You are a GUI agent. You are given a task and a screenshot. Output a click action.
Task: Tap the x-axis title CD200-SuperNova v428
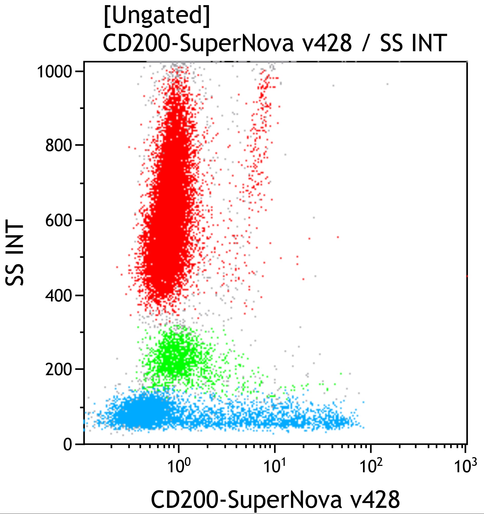coord(275,499)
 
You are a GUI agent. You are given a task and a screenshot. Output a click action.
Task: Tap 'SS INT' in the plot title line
coord(413,43)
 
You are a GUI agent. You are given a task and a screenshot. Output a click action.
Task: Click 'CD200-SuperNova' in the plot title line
coord(198,43)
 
